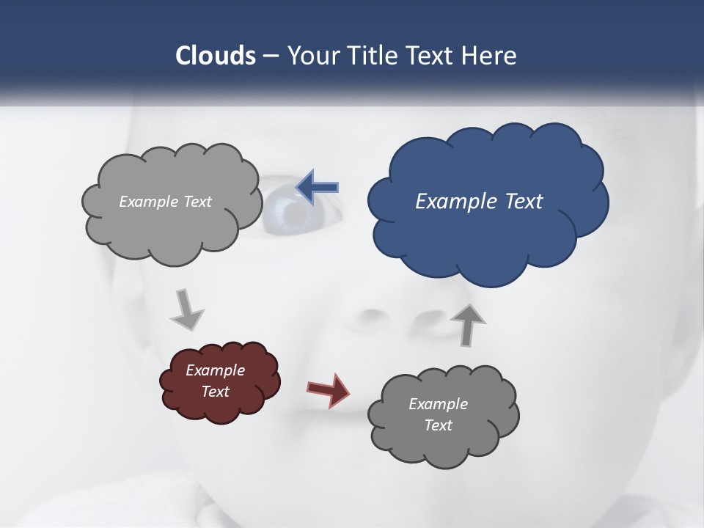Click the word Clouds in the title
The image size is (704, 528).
(215, 56)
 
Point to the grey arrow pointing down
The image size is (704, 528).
(186, 309)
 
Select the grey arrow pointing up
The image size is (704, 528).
(468, 323)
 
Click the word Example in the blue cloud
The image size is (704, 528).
(453, 201)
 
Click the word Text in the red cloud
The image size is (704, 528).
(216, 392)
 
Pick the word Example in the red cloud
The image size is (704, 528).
(216, 370)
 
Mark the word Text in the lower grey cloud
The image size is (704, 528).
(439, 425)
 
